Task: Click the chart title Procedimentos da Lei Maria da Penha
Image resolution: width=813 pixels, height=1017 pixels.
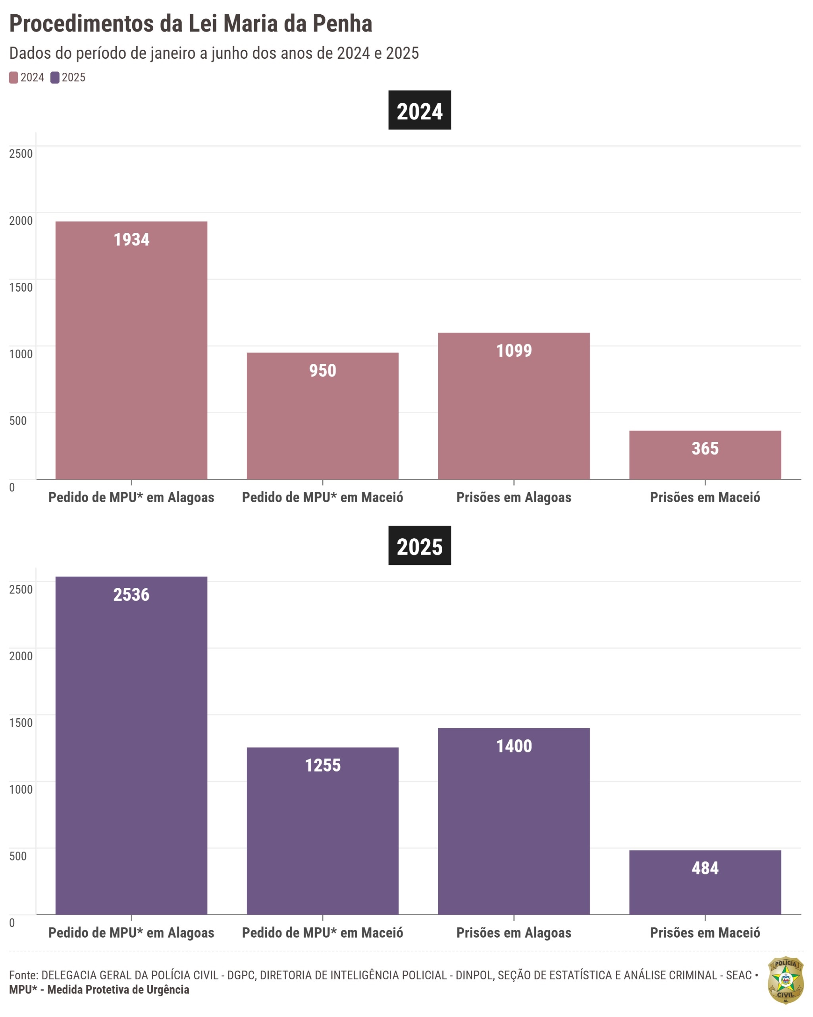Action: (191, 23)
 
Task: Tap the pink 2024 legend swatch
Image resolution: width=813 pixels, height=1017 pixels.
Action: (13, 77)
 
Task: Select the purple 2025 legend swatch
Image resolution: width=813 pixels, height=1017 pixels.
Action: (55, 77)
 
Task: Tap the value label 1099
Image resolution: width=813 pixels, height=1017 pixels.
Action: (514, 350)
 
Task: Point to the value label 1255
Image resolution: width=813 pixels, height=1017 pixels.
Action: (322, 765)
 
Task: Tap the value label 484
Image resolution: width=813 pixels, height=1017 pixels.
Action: (705, 868)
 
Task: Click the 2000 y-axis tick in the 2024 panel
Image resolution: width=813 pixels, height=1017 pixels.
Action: (21, 220)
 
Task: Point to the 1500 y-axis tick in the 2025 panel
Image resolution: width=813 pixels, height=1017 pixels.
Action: (21, 723)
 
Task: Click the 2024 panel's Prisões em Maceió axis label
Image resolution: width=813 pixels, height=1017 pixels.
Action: (705, 497)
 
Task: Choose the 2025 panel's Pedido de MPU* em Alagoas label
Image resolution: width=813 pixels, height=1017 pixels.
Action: (131, 932)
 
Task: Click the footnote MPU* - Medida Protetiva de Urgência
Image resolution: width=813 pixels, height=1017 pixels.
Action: (99, 990)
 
